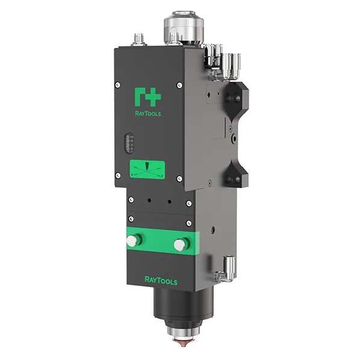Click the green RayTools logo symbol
pos(147,97)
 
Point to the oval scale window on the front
pos(126,143)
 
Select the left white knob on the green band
pos(131,241)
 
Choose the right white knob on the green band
pos(179,245)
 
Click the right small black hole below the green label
pos(170,201)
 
